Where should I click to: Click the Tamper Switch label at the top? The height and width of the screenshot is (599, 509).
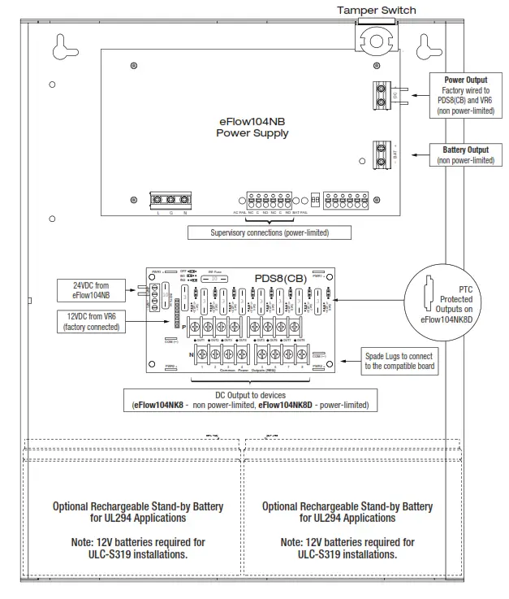pyautogui.click(x=376, y=10)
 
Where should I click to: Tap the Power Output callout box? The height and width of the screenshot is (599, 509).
pyautogui.click(x=464, y=95)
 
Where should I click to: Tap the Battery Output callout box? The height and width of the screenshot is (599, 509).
pyautogui.click(x=465, y=154)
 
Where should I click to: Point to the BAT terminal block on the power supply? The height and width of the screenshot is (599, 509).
pyautogui.click(x=382, y=154)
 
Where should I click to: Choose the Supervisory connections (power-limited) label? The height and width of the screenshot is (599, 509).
pyautogui.click(x=258, y=232)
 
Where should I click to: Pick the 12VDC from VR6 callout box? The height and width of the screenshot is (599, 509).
pyautogui.click(x=90, y=321)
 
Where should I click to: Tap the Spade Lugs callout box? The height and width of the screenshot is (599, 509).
pyautogui.click(x=399, y=361)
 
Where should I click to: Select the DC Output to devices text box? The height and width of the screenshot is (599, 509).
pyautogui.click(x=245, y=399)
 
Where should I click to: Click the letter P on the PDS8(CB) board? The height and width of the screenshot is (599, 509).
pyautogui.click(x=185, y=326)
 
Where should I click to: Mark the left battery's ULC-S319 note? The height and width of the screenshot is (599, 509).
pyautogui.click(x=137, y=548)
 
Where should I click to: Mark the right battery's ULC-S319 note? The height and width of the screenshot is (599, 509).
pyautogui.click(x=347, y=548)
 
